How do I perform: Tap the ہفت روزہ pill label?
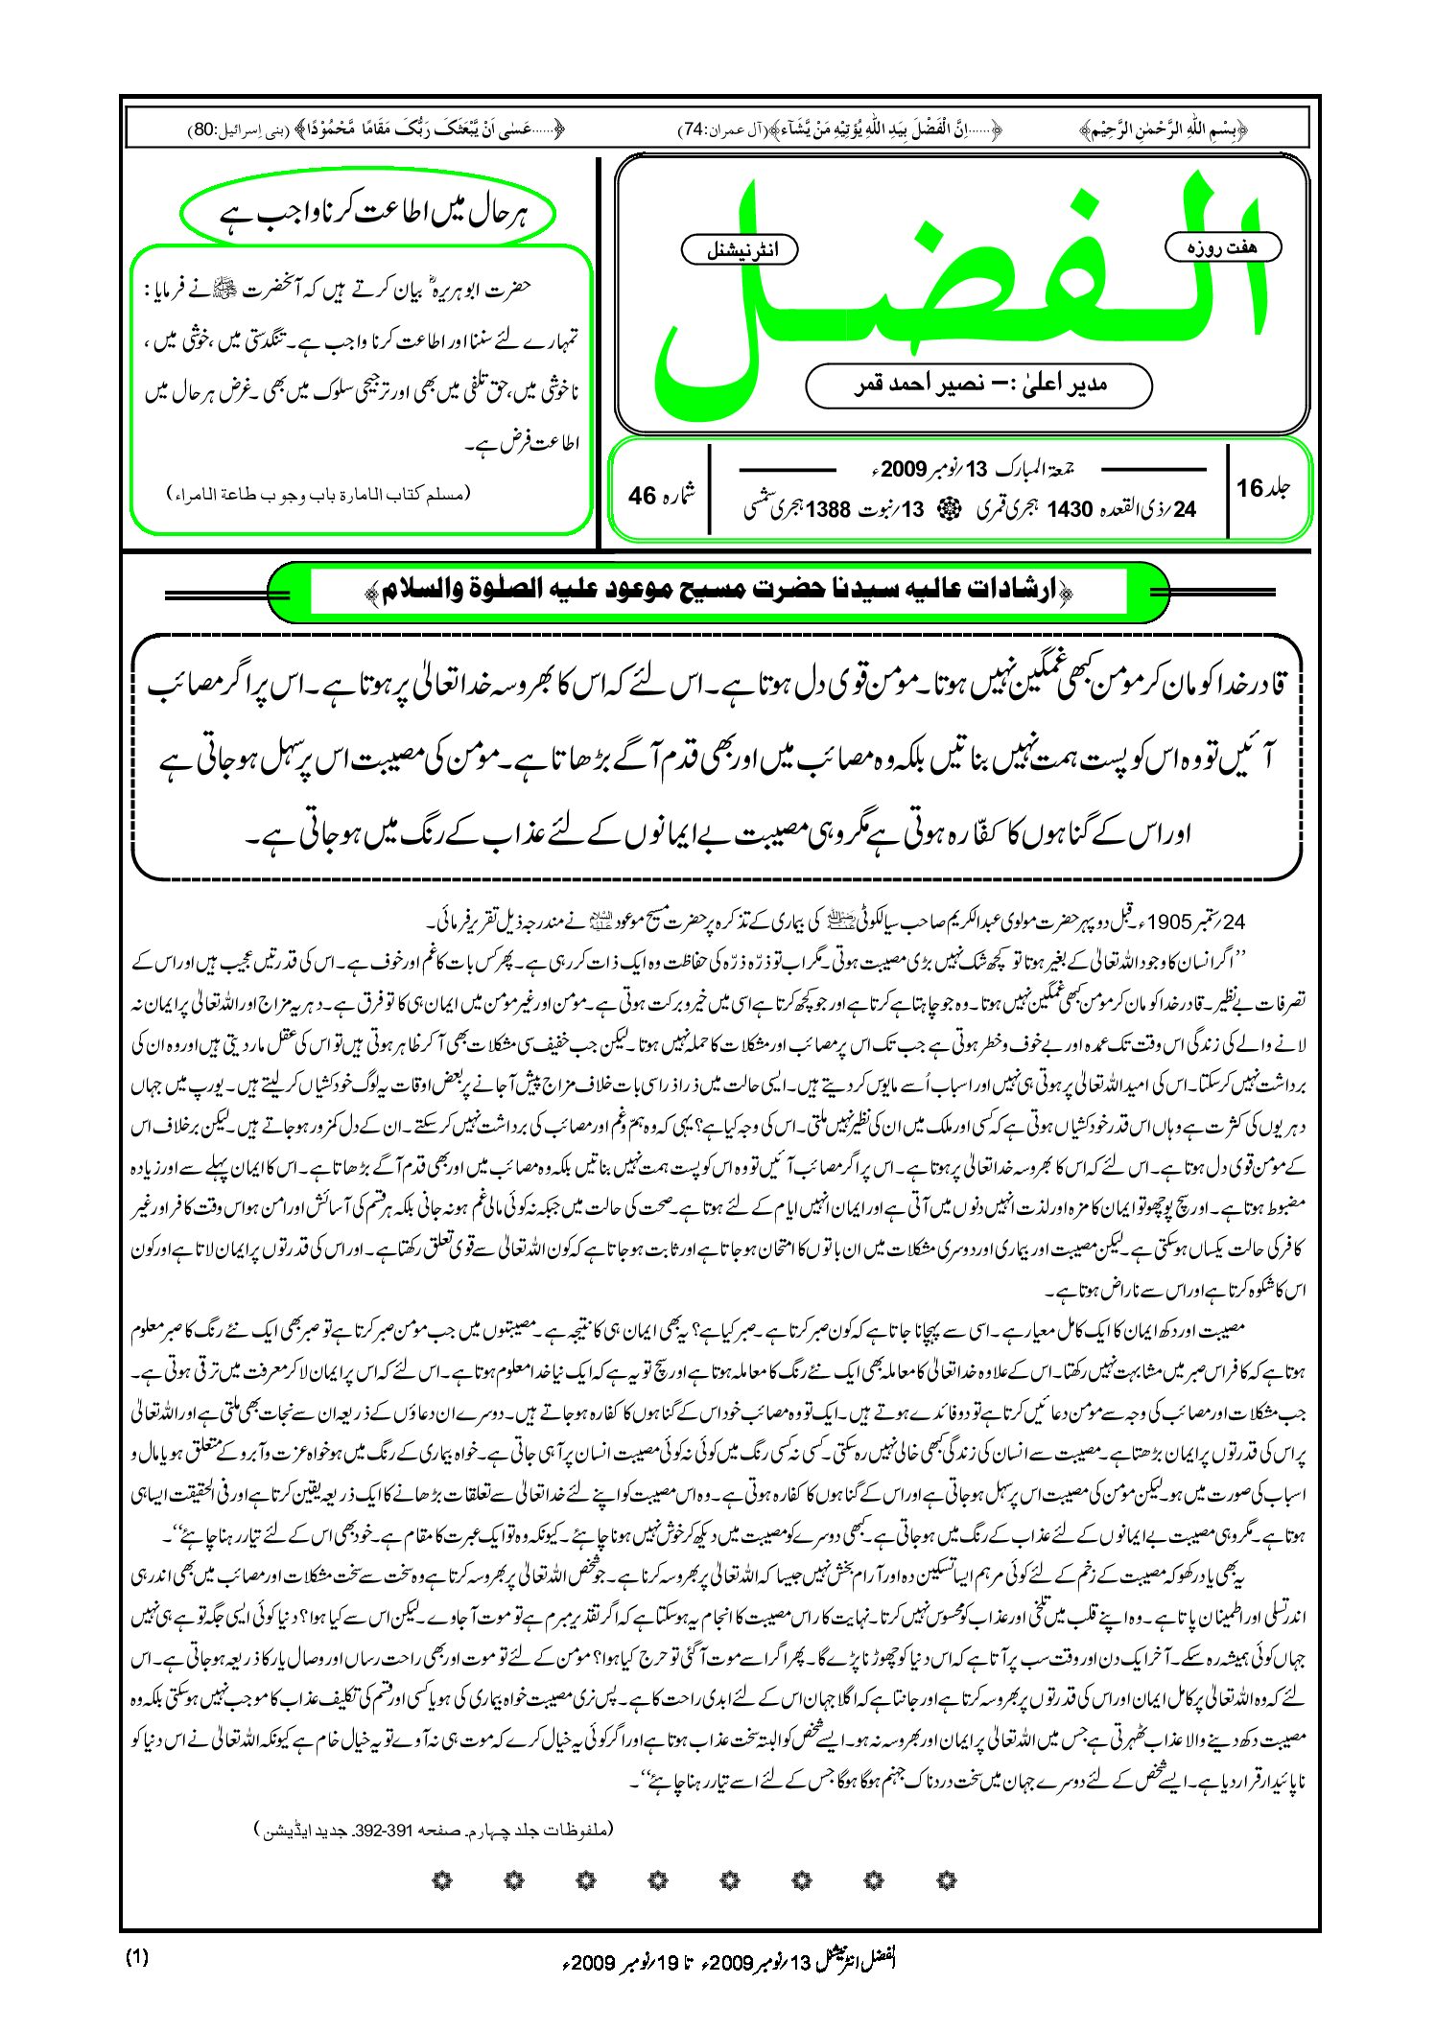1222,247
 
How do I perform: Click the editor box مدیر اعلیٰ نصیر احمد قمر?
978,385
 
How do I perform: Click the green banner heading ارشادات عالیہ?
718,592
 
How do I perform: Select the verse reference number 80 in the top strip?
203,128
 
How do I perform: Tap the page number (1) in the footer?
136,1957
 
